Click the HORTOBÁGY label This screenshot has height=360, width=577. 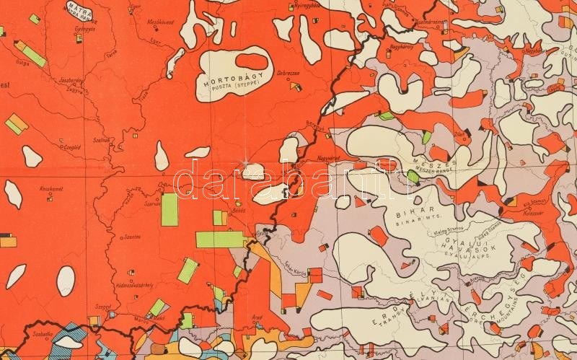point(232,74)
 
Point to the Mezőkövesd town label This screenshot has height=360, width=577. point(162,22)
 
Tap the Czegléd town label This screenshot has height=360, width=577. point(71,146)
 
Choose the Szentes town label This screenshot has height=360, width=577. point(133,237)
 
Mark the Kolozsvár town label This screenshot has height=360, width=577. point(554,211)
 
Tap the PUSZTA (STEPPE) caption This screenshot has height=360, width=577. point(233,84)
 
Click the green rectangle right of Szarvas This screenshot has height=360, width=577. point(169,209)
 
